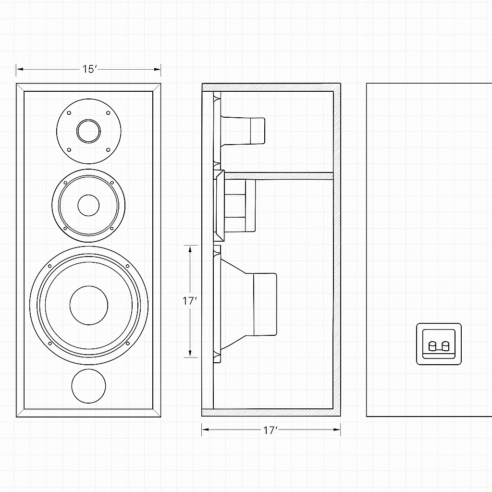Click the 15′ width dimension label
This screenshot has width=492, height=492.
point(89,69)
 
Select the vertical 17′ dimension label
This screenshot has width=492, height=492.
point(190,301)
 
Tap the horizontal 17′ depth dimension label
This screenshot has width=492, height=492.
point(271,430)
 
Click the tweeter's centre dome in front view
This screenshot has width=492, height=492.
point(89,131)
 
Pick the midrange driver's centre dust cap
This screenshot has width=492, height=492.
point(88,205)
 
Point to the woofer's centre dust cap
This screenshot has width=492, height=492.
point(89,305)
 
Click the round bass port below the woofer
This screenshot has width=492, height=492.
point(88,386)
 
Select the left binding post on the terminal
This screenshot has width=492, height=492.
point(431,346)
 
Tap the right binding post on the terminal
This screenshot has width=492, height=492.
point(445,346)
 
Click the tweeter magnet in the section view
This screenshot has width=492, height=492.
point(257,131)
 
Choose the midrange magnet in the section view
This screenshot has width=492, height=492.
point(250,205)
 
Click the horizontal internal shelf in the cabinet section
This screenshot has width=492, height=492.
point(279,176)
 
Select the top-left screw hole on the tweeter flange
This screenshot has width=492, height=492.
point(69,113)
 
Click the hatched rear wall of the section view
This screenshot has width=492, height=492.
point(337,250)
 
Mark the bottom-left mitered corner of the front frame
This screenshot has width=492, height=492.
point(20,413)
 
